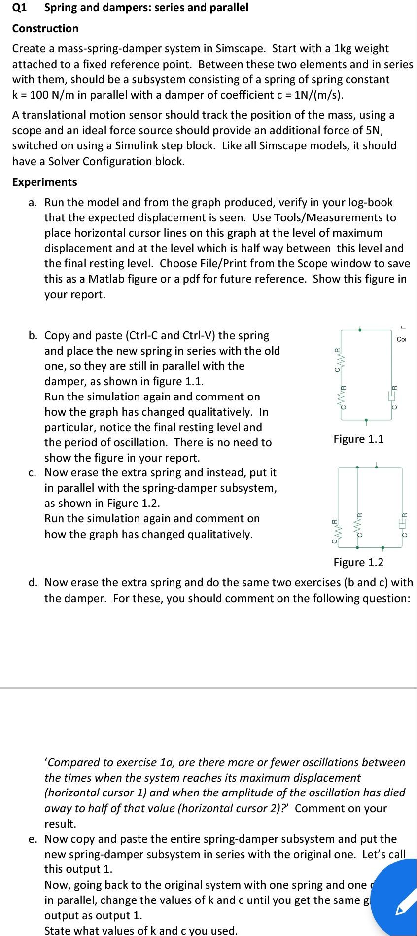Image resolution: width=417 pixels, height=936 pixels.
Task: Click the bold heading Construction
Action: click(45, 28)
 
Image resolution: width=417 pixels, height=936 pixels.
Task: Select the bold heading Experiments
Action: click(45, 182)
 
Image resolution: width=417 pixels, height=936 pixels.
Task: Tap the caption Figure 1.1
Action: click(358, 439)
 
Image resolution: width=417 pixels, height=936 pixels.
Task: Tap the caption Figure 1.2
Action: click(358, 562)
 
